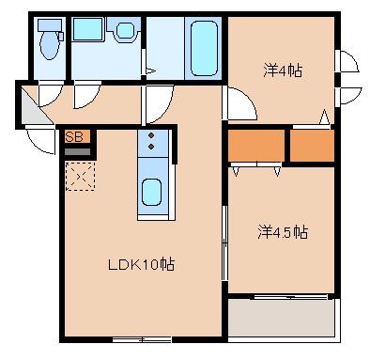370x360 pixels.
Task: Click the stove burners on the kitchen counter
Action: click(x=152, y=143)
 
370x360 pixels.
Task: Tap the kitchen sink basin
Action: click(x=152, y=192)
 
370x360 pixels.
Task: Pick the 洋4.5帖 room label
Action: click(x=282, y=231)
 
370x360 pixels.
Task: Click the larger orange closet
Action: click(x=255, y=145)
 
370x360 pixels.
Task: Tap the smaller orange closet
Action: click(x=311, y=145)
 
